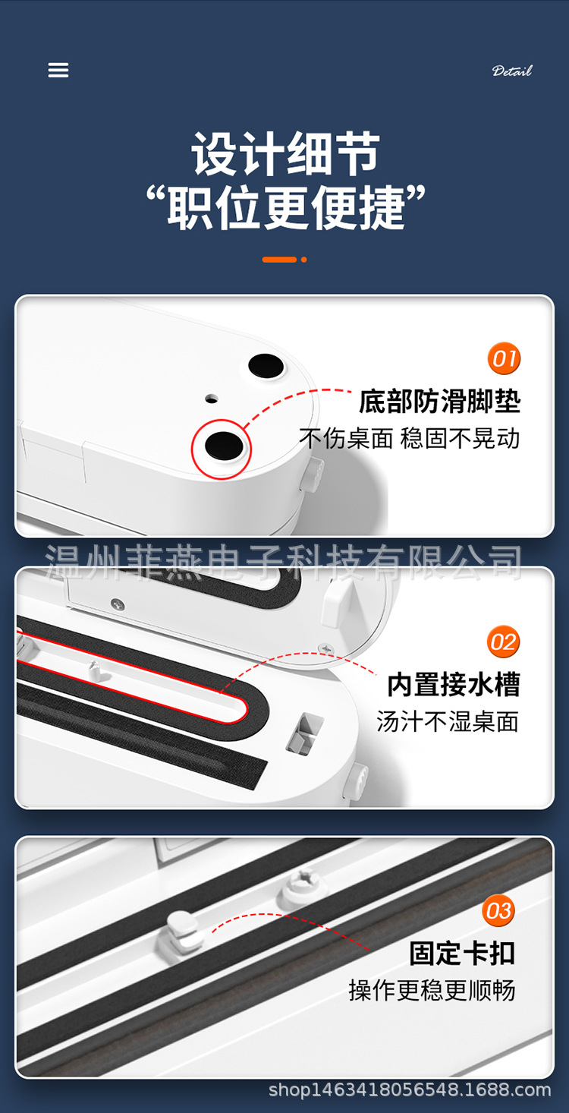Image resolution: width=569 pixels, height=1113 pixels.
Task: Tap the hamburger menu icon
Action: pos(58,70)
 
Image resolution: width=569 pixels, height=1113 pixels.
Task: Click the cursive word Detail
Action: pos(512,71)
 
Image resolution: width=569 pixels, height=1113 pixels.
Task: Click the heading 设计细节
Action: pos(285,154)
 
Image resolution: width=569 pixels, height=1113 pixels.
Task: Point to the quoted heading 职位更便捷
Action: pos(285,207)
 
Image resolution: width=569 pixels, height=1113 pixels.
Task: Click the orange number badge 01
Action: pos(504,358)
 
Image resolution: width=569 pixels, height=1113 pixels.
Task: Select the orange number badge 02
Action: pos(503,642)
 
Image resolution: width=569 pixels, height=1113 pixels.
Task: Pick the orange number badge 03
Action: pos(498,910)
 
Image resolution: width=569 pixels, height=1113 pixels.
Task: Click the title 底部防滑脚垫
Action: pos(439,402)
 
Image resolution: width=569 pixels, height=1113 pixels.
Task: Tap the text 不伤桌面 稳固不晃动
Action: pos(409,438)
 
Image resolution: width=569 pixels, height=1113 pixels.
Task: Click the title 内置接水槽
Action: pos(454,684)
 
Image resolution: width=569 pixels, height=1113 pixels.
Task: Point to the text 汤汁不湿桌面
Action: pos(448,721)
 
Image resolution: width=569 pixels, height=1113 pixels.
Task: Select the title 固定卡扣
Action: pos(462,953)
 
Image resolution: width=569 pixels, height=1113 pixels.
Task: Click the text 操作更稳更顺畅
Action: pos(432,990)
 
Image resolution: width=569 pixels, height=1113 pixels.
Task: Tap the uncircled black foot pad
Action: pos(266,366)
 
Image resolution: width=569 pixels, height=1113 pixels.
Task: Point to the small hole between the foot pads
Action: pos(212,399)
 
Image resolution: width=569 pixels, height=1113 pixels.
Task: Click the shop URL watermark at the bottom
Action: pos(410,1089)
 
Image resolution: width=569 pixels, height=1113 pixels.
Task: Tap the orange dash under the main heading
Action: pos(279,260)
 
